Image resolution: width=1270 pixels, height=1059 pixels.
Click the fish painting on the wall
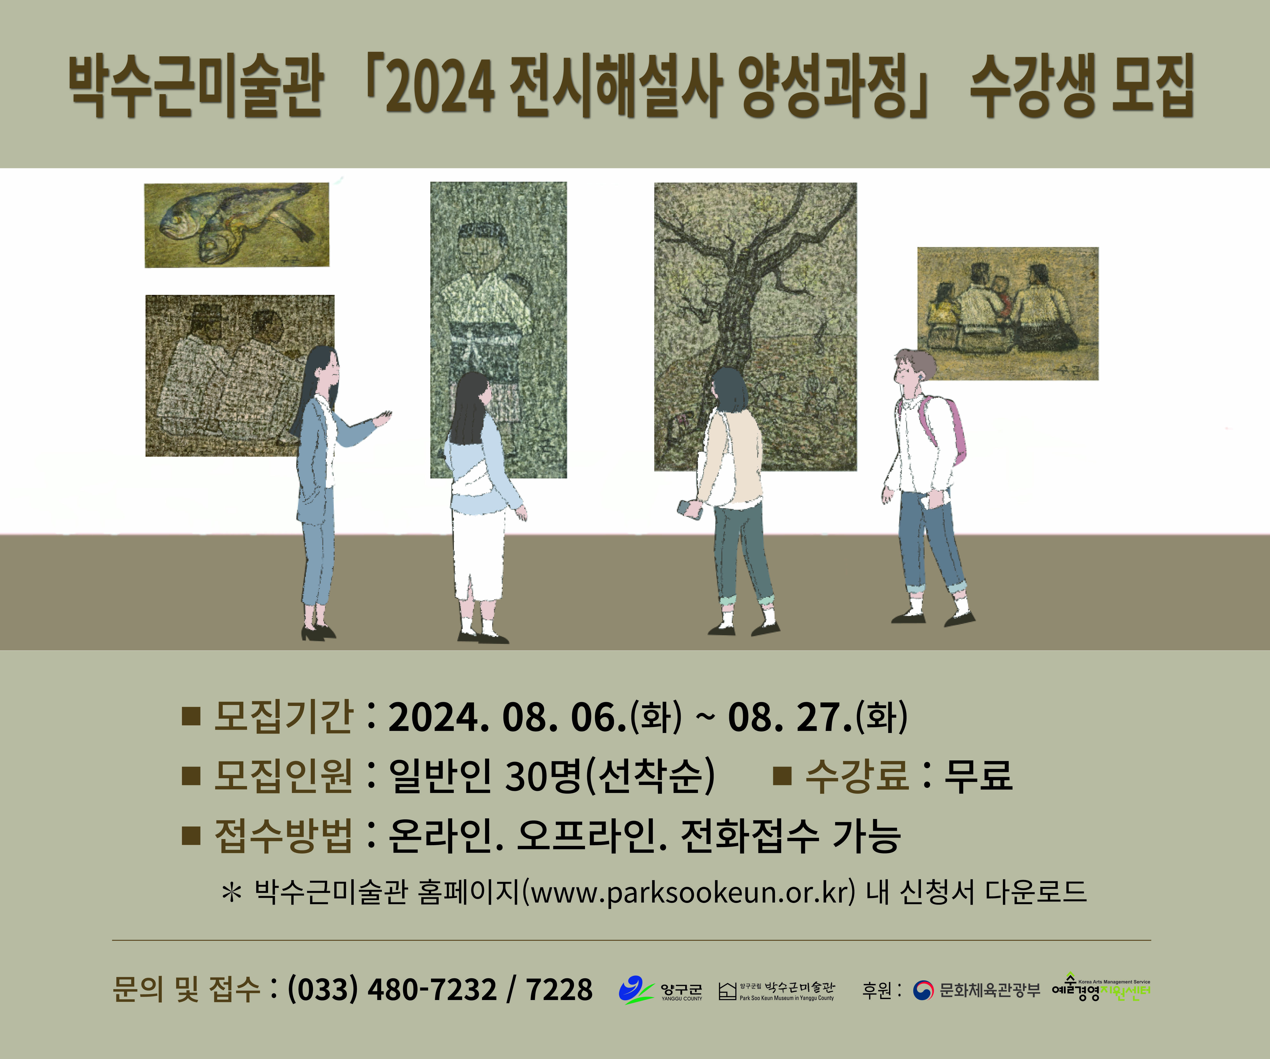236,225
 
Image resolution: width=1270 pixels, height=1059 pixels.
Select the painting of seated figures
1008,313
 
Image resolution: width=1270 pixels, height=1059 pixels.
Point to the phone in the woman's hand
690,509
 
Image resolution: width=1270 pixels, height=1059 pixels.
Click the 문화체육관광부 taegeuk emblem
923,990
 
